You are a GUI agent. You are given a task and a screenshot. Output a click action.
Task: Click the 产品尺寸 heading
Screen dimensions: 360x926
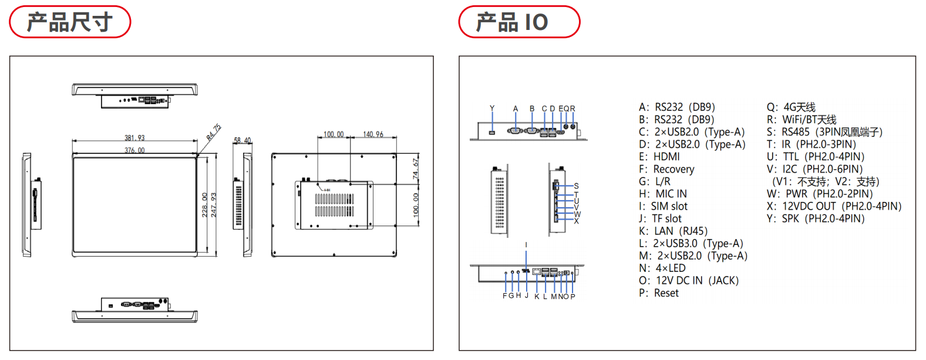click(69, 22)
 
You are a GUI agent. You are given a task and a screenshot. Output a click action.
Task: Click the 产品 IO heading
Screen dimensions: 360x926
click(512, 22)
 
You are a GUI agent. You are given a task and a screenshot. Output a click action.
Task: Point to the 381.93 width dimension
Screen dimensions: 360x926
click(134, 138)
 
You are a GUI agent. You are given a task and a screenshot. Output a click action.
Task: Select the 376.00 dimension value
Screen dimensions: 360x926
click(134, 150)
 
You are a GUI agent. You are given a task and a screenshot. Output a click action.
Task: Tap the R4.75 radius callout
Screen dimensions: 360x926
click(214, 132)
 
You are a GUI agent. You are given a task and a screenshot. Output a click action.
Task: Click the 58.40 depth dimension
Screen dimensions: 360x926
click(242, 140)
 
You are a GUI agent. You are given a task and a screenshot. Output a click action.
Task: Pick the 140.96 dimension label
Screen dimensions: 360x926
click(373, 134)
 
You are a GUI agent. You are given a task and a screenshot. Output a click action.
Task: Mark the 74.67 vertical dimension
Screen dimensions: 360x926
click(416, 169)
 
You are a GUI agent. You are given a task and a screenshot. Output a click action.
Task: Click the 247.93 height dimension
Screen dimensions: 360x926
click(214, 205)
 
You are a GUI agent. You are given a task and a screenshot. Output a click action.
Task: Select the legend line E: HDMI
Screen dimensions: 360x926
click(659, 157)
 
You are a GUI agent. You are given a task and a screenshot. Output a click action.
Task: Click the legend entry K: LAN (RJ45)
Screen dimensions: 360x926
click(673, 231)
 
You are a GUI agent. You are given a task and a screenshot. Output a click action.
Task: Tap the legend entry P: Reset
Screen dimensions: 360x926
click(658, 293)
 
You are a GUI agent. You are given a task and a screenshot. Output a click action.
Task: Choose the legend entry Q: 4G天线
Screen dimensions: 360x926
click(791, 107)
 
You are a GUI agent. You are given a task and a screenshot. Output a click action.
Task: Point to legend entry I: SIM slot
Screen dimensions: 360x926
click(663, 206)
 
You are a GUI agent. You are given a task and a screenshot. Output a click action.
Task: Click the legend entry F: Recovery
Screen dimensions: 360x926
click(666, 169)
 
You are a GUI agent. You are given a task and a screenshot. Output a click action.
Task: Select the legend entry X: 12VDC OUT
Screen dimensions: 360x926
click(834, 206)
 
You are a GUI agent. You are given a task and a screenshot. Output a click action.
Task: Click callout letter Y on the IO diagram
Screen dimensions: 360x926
click(492, 108)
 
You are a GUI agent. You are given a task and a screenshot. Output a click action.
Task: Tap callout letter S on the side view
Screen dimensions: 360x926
click(576, 186)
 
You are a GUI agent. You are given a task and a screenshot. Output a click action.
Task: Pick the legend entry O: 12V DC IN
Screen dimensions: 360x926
click(688, 281)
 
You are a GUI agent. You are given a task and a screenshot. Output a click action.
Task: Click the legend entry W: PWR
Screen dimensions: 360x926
click(820, 194)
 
